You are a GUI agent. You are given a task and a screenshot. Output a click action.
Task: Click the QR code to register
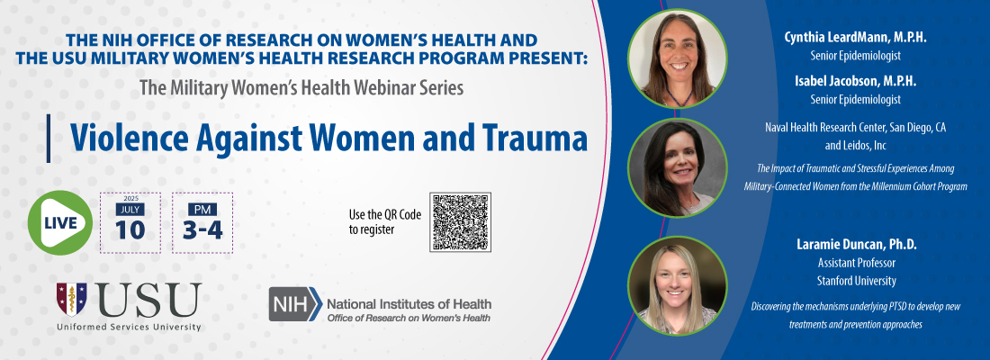tap(460, 221)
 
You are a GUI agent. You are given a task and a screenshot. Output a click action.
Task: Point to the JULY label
tap(130, 209)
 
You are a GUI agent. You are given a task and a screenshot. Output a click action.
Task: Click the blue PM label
tap(202, 209)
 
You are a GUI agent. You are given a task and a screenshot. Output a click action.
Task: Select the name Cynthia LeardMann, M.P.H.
tap(868, 38)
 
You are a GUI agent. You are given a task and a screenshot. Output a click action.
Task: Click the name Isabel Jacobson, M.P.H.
tap(868, 81)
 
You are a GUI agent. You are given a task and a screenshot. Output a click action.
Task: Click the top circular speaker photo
tap(678, 58)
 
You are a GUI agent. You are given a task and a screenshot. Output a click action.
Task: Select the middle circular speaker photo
tap(678, 167)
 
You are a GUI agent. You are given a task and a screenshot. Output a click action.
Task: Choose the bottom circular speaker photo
tap(678, 284)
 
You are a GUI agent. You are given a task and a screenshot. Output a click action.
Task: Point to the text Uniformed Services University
tap(128, 327)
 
